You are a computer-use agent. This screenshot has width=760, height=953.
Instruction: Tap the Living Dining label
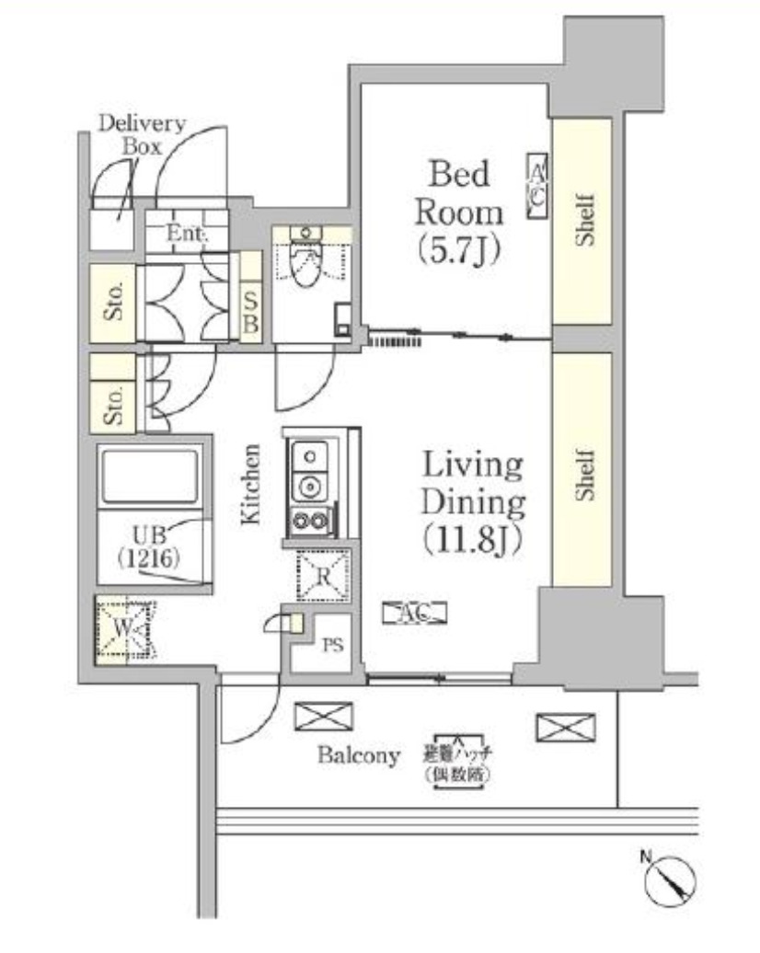click(x=472, y=484)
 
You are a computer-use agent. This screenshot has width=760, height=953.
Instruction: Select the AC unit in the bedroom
click(x=537, y=185)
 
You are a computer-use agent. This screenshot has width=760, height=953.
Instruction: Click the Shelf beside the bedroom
click(x=582, y=221)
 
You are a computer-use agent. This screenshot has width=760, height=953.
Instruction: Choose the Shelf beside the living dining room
click(x=582, y=469)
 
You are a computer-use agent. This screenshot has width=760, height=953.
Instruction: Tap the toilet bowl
click(x=303, y=263)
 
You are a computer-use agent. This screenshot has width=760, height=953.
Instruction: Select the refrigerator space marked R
click(x=323, y=577)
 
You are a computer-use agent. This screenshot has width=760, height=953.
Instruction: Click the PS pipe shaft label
click(x=332, y=645)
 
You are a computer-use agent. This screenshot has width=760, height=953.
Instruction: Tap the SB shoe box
click(x=250, y=312)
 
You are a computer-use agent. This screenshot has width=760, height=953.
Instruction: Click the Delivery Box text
click(x=141, y=134)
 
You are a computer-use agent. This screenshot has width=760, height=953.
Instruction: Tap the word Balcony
click(x=360, y=756)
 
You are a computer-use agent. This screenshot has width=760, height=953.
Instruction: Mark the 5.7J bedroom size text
click(x=459, y=248)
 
